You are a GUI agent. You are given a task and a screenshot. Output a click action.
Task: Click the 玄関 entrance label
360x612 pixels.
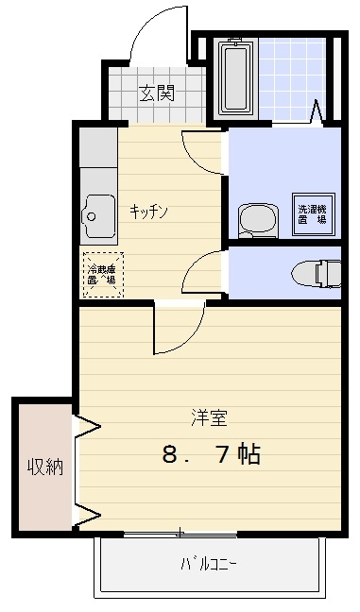[x=157, y=93]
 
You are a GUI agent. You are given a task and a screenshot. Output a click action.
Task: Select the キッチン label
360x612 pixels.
[x=148, y=212]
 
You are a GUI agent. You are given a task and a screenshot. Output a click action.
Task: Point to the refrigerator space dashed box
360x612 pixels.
[x=102, y=274]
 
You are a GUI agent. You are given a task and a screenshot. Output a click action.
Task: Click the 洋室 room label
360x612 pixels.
[x=210, y=416]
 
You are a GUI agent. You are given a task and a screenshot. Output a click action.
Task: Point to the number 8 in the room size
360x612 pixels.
[x=170, y=454]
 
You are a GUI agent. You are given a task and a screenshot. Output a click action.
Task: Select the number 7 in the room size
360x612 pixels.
[x=223, y=454]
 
